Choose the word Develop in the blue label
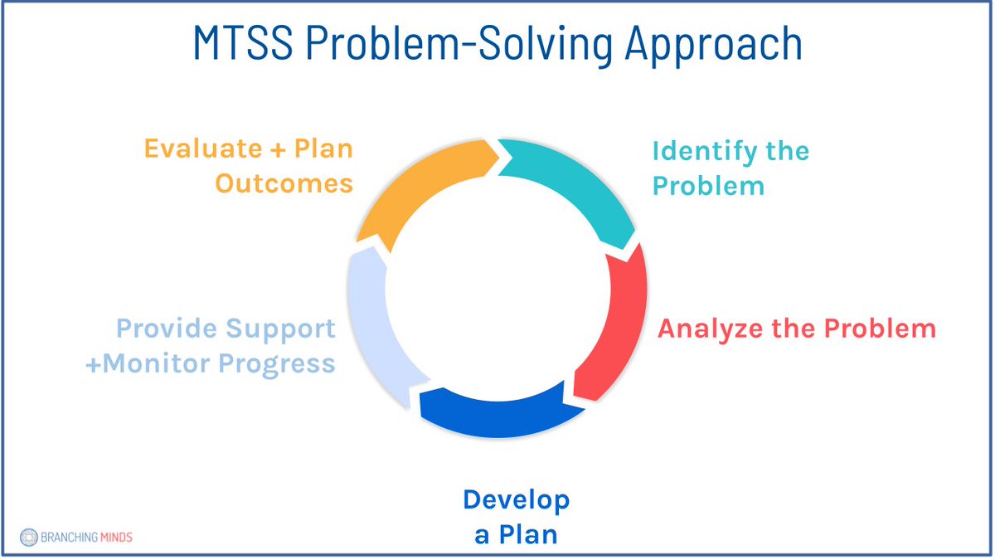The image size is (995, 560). coord(516,500)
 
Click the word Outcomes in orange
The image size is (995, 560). coord(284,183)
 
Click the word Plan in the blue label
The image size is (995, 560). coord(527,535)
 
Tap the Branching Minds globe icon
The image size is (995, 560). coord(29,537)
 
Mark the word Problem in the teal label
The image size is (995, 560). coord(708,186)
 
